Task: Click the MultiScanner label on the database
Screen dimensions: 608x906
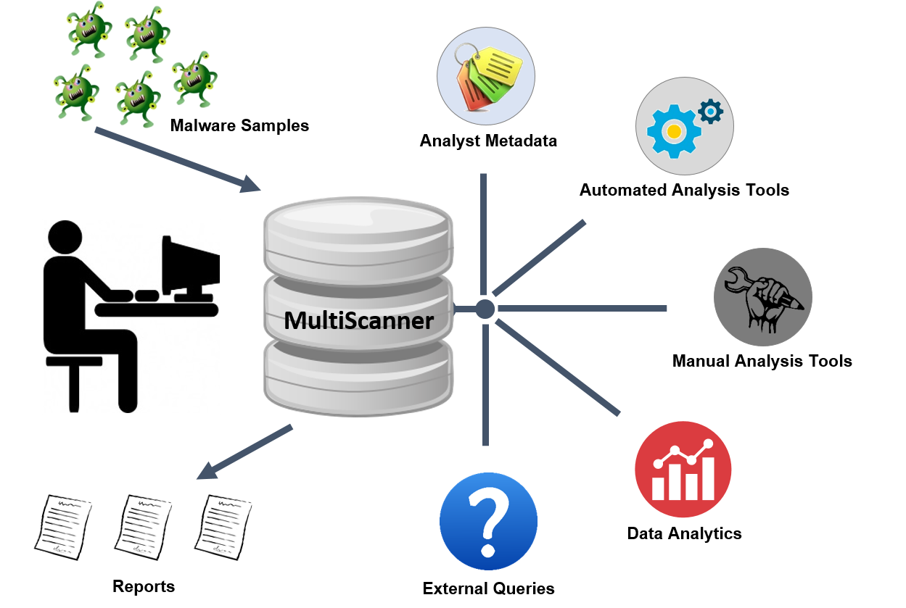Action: (x=358, y=320)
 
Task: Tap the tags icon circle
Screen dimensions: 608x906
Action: (x=485, y=75)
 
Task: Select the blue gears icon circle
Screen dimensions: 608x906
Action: (x=684, y=126)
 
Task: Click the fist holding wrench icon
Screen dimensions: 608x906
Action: (x=762, y=297)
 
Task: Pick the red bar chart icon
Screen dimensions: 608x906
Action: (x=683, y=469)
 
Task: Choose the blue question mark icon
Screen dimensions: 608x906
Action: (x=488, y=521)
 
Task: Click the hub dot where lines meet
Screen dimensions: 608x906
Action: (x=485, y=309)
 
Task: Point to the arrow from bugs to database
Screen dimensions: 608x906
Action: (x=177, y=159)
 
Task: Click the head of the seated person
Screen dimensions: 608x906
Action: (x=65, y=238)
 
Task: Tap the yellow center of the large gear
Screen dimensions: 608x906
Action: (x=674, y=131)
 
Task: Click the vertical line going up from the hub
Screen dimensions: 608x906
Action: (x=483, y=232)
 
